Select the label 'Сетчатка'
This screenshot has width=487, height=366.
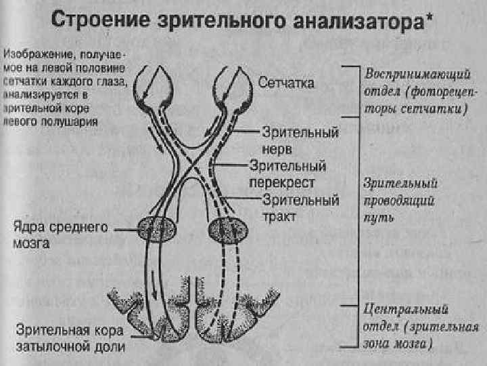coord(287,83)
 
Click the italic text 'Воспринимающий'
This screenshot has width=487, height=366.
coord(411,72)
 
